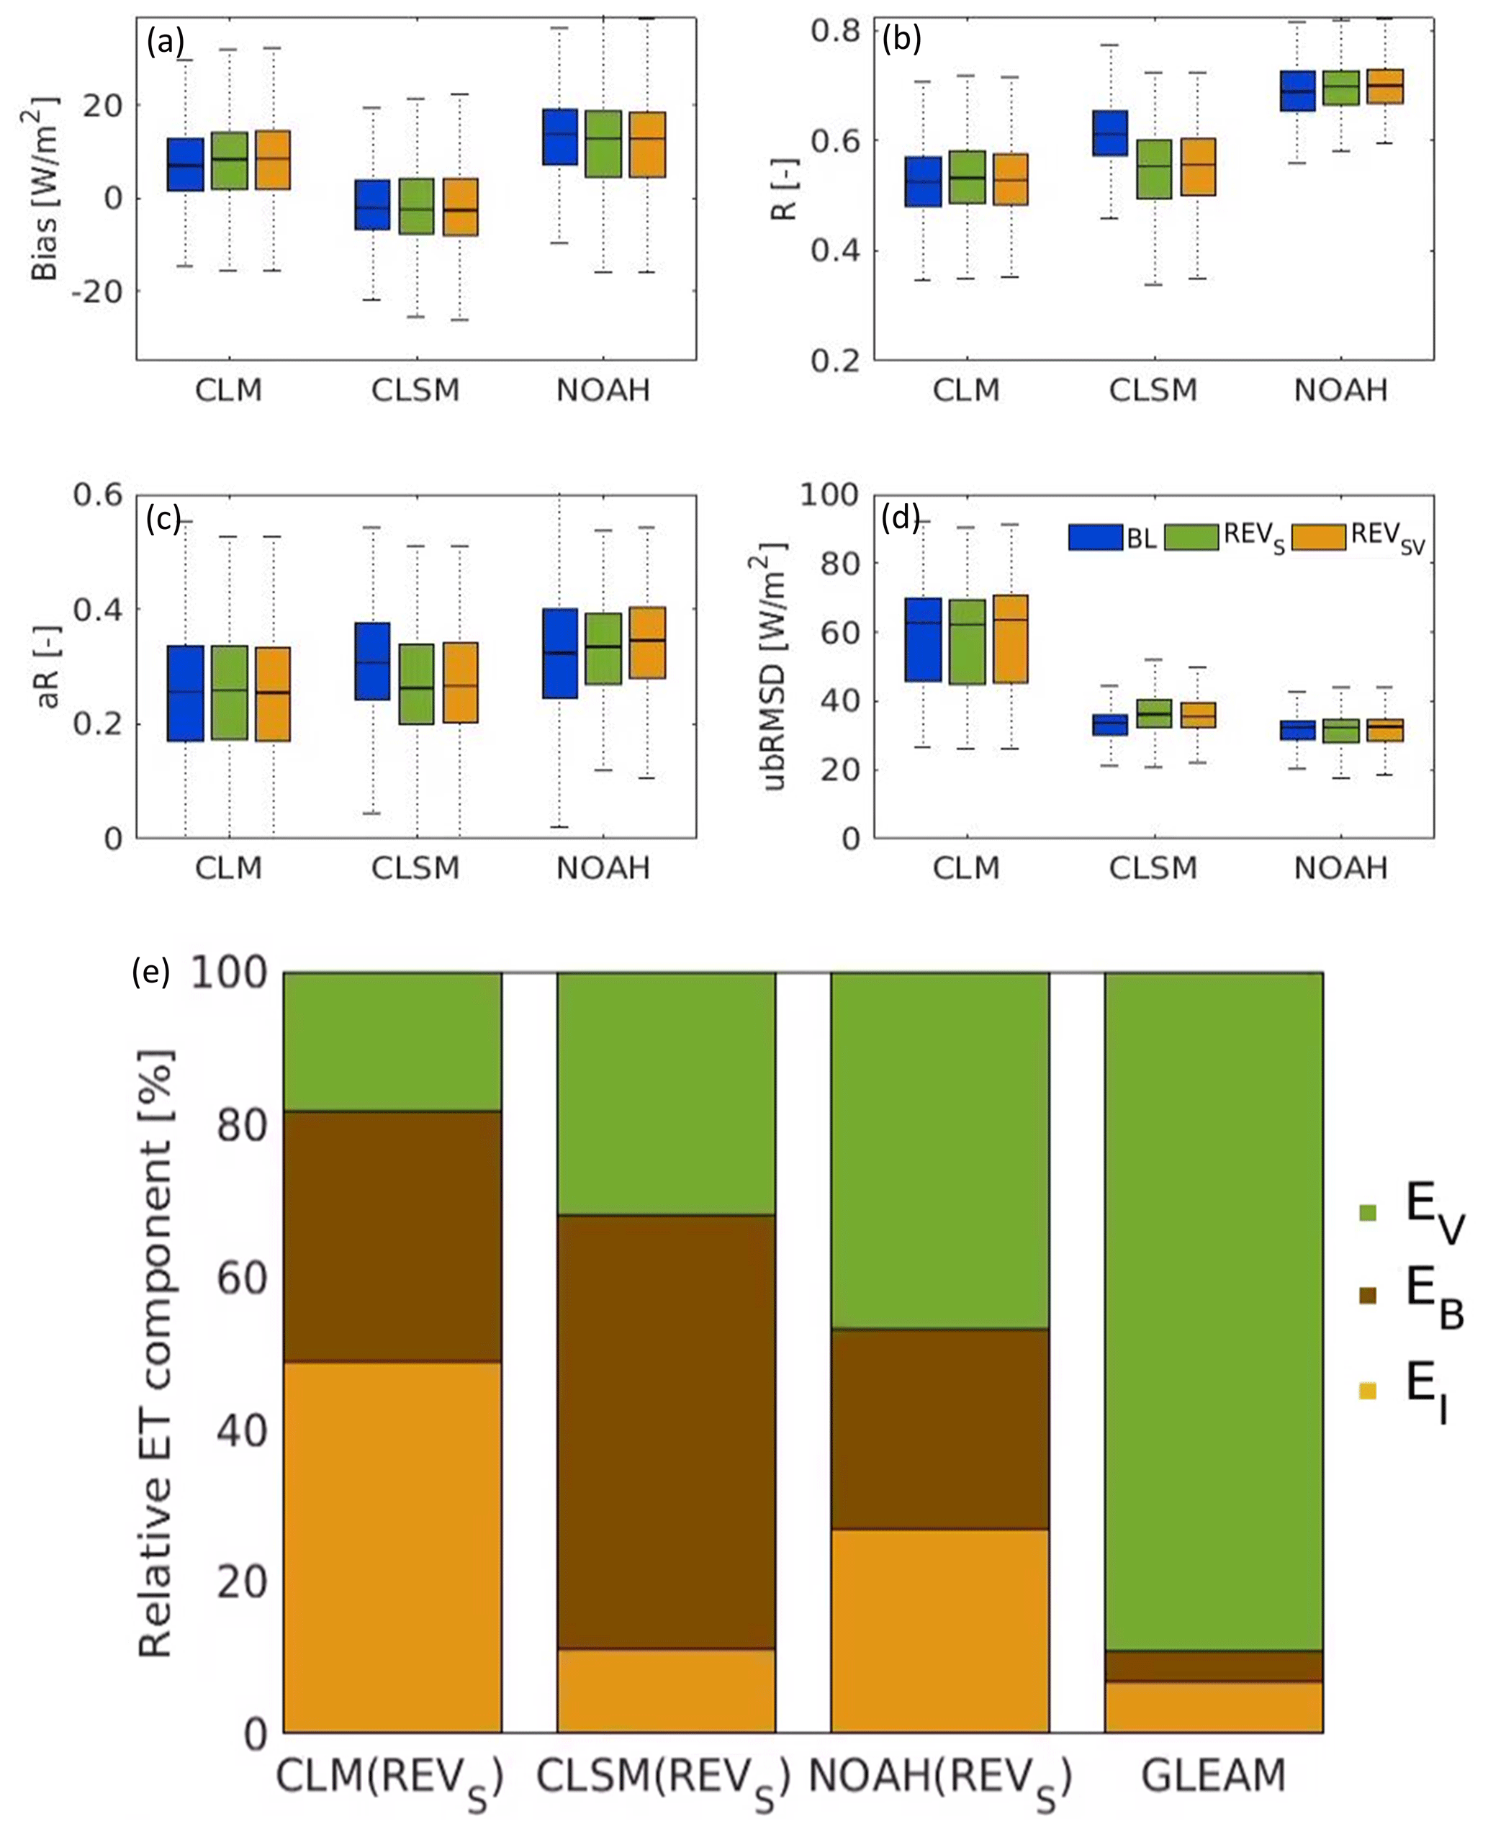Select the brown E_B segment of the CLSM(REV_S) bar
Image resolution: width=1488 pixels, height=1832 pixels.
click(x=666, y=1431)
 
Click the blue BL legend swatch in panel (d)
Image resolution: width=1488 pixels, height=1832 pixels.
click(x=1094, y=537)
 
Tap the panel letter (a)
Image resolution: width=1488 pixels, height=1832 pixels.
click(x=165, y=41)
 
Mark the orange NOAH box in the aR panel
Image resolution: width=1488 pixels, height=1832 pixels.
click(x=647, y=643)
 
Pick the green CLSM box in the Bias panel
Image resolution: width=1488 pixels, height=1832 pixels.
click(x=417, y=207)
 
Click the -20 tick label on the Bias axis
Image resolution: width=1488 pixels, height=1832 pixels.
click(x=96, y=292)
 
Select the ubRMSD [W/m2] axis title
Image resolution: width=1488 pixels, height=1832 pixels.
click(x=775, y=666)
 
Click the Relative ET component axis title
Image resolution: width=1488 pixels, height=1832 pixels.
click(x=156, y=1354)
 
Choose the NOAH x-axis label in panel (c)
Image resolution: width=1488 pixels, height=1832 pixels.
click(x=603, y=869)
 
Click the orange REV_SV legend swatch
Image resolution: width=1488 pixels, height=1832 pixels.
click(x=1317, y=537)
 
